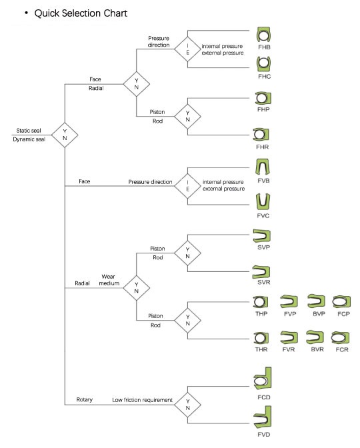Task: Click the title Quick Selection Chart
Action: (x=81, y=13)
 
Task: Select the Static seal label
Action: (x=29, y=131)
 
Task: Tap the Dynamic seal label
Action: (x=29, y=139)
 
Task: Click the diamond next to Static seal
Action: (x=65, y=135)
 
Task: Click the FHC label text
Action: (x=264, y=77)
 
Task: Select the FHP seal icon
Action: (x=263, y=98)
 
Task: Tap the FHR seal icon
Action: (x=261, y=134)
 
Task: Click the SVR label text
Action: (x=264, y=282)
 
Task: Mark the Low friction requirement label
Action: (x=142, y=400)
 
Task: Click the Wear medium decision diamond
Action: (x=137, y=288)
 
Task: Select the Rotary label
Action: (x=84, y=400)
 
